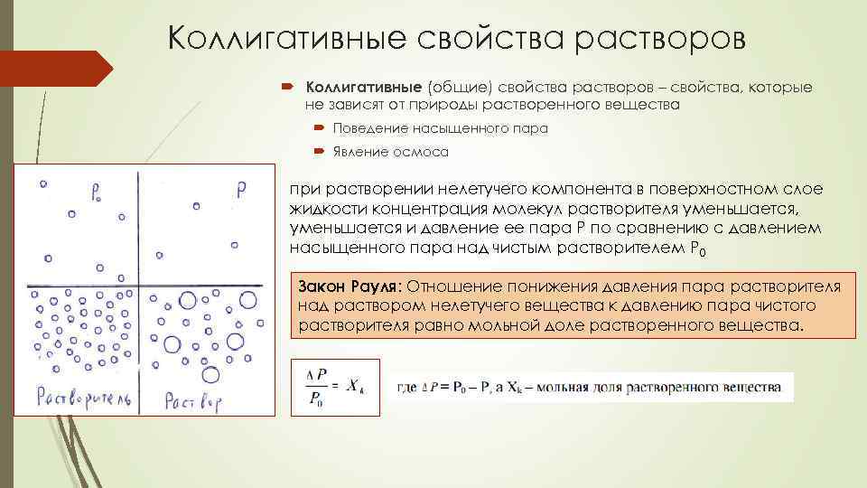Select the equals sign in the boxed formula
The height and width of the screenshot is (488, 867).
(335, 387)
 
